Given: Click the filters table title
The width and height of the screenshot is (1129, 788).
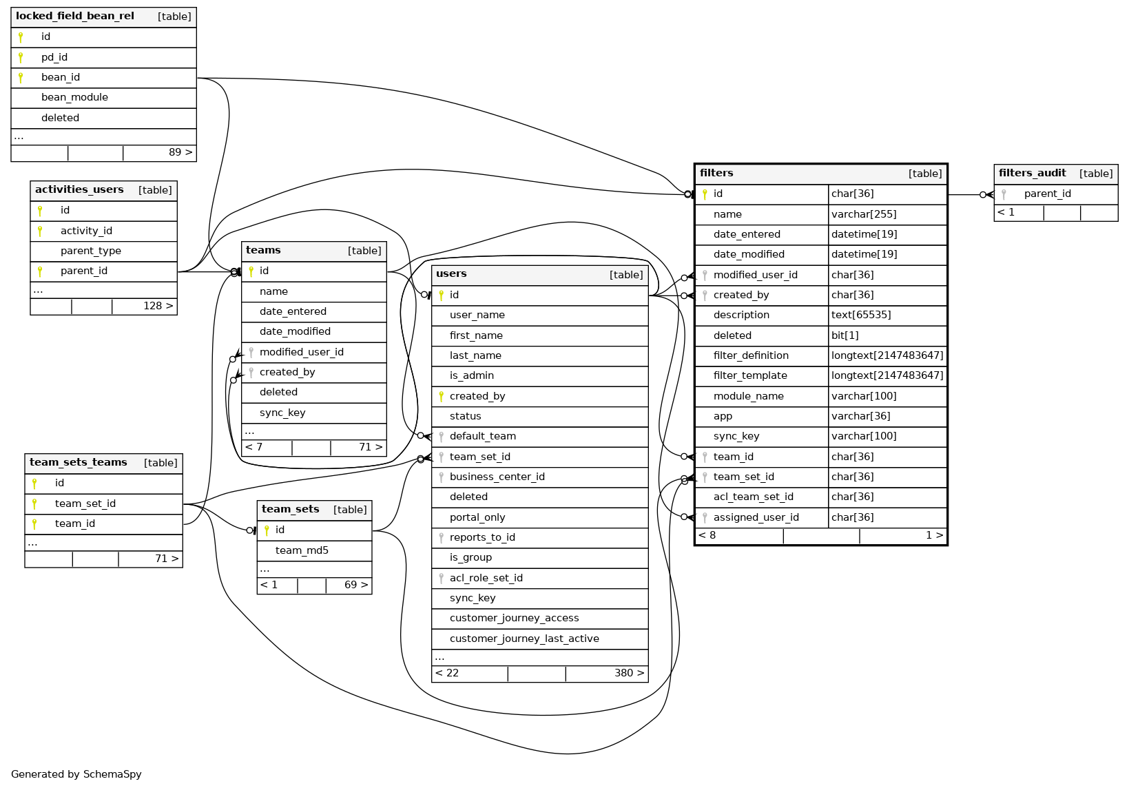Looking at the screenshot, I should tap(716, 174).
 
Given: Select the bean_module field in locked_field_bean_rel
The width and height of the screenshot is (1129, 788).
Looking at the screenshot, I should tap(74, 98).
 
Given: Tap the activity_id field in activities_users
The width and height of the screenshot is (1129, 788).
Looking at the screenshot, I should tap(86, 231).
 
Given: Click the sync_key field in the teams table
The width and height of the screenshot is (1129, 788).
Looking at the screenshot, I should tap(282, 413).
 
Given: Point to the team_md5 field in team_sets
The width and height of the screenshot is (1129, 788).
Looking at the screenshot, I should tap(302, 551).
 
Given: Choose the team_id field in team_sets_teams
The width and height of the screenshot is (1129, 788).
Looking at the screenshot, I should tap(75, 524).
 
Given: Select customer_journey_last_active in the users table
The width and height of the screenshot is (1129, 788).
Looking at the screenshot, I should tap(524, 639).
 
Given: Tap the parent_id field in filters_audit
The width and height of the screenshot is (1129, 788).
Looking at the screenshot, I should tap(1047, 194).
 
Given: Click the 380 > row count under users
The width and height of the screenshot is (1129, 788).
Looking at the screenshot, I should tap(629, 674).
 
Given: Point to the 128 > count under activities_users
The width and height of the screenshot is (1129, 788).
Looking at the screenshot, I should tap(158, 307).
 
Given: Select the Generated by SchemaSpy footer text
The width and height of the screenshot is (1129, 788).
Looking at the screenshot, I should tap(76, 774).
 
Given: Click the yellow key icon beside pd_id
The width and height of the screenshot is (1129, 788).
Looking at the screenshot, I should tap(21, 58).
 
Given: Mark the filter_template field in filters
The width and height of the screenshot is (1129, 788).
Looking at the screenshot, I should tap(750, 376).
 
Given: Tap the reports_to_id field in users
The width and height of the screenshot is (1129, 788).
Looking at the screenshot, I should tap(482, 538).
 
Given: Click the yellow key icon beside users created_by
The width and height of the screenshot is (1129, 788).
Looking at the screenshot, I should tap(441, 397).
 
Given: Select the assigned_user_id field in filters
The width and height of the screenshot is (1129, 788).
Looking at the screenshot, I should tap(756, 518).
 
